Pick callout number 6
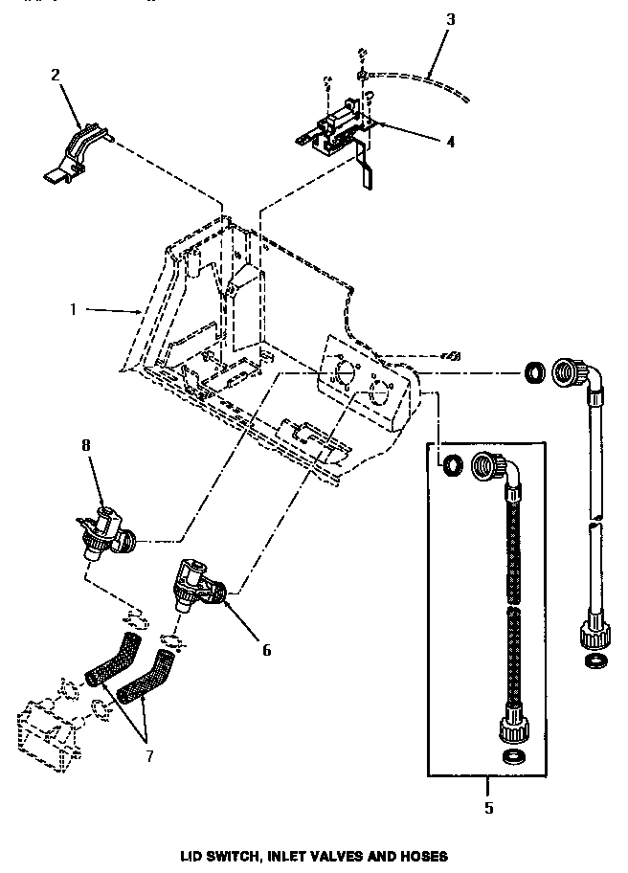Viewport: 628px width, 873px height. (x=266, y=651)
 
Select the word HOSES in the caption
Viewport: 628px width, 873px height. (x=420, y=856)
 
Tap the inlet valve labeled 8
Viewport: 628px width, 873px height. (x=102, y=531)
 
